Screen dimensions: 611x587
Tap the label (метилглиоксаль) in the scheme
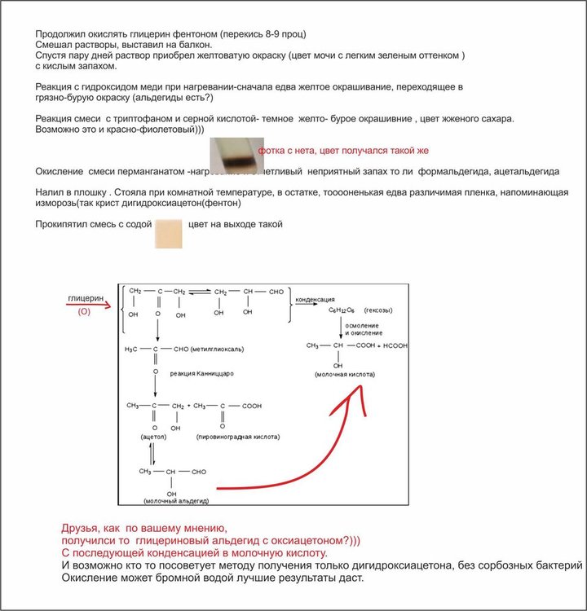pos(219,349)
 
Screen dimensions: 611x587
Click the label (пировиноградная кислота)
pos(236,437)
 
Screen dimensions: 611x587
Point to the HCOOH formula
pos(394,345)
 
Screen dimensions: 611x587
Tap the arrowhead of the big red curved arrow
pos(355,394)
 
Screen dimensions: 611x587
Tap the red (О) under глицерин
pos(84,312)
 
